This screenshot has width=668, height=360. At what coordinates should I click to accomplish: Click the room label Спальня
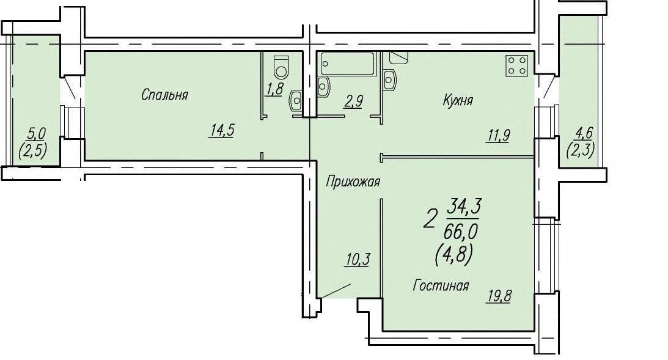click(164, 95)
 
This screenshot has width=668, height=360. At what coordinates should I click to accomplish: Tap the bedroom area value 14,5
click(221, 130)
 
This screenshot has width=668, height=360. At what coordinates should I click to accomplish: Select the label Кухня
click(458, 101)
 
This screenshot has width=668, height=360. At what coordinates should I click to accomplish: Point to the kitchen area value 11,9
click(497, 136)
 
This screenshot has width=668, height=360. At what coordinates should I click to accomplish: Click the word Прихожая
click(353, 182)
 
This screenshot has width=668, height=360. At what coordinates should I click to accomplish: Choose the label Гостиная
click(441, 285)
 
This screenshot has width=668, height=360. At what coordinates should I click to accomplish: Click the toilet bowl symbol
click(281, 67)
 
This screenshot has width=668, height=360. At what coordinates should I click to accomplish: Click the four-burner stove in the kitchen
click(517, 65)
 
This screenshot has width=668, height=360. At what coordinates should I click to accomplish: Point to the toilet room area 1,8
click(275, 89)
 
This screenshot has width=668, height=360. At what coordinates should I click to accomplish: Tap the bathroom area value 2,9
click(353, 101)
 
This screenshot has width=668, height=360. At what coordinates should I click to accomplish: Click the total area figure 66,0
click(461, 233)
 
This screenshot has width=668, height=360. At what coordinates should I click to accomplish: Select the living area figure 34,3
click(464, 207)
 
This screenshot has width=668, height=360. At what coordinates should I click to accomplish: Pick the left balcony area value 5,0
click(36, 134)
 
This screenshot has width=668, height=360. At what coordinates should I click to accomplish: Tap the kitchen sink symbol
click(390, 79)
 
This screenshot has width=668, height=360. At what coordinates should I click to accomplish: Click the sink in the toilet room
click(296, 100)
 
